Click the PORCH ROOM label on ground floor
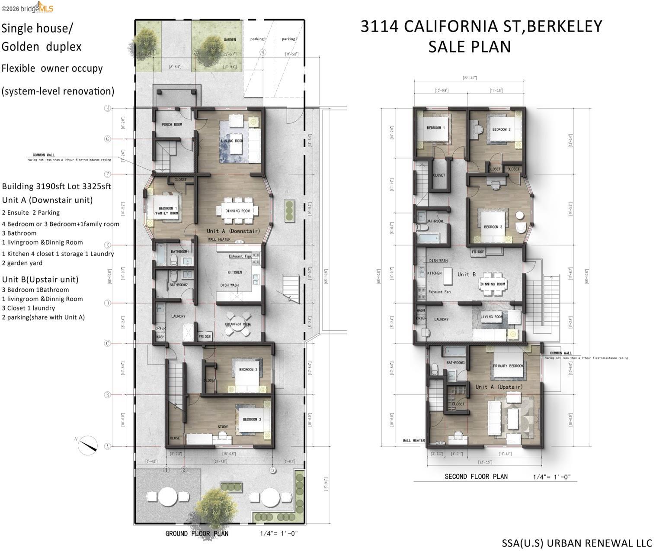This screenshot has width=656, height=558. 172,125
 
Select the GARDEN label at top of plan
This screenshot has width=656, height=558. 230,40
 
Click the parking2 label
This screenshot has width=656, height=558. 289,39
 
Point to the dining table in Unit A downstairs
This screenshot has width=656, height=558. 237,211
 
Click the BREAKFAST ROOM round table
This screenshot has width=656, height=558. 237,324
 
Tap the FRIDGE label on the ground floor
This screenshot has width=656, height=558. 205,336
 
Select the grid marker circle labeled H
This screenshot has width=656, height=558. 108,108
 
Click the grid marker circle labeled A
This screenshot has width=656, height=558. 108,446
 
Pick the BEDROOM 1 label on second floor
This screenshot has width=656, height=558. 435,128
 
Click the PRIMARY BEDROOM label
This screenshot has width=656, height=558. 508,366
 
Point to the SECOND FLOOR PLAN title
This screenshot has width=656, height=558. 476,477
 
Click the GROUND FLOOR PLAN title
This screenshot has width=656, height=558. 197,533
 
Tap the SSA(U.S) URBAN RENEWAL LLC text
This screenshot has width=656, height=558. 576,543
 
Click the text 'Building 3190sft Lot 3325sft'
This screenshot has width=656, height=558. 56,186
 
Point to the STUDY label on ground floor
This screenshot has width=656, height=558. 222,427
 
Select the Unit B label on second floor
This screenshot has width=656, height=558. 466,274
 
